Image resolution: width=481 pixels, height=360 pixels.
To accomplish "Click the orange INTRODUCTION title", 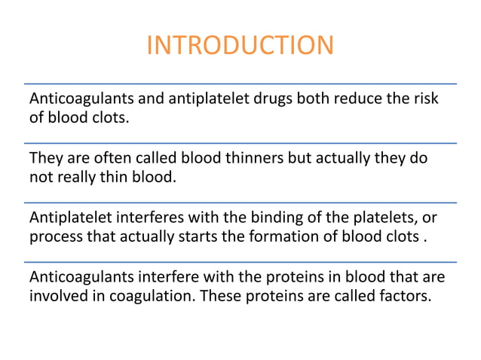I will click(x=240, y=45).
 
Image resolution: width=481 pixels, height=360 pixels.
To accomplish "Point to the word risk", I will click(x=424, y=99).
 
